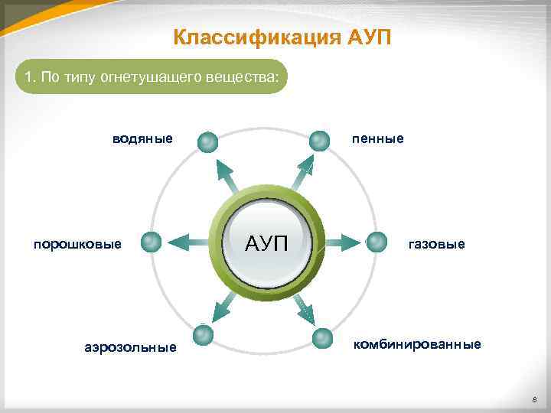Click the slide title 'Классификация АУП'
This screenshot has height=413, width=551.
282,37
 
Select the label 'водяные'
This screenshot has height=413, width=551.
142,139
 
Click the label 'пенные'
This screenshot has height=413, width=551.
377,139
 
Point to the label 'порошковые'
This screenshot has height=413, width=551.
77,244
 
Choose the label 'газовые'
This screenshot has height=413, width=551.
436,244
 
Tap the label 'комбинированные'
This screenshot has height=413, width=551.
417,344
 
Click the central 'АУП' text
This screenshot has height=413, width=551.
266,243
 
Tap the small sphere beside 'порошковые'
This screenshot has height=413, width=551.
152,242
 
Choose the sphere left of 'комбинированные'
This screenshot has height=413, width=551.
323,338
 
